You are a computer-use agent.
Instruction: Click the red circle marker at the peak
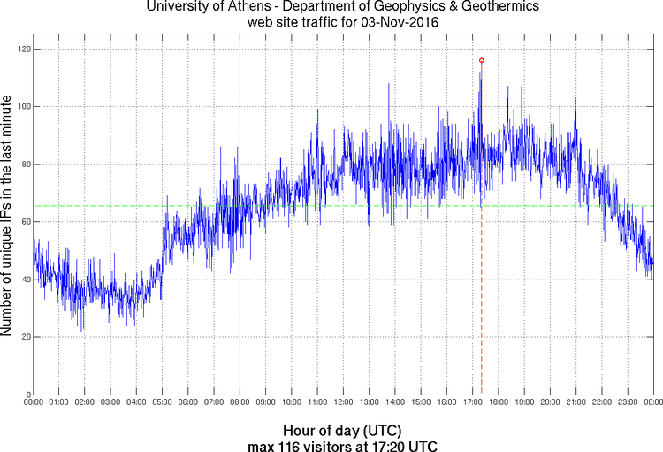coord(481,60)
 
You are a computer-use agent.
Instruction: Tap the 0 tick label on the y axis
coord(26,395)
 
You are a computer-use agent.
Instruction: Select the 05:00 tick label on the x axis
coord(163,402)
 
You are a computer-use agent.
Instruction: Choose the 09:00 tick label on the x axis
coord(266,402)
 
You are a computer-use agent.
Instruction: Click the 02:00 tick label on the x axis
coord(85,402)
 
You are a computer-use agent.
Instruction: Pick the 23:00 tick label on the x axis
coord(628,402)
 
